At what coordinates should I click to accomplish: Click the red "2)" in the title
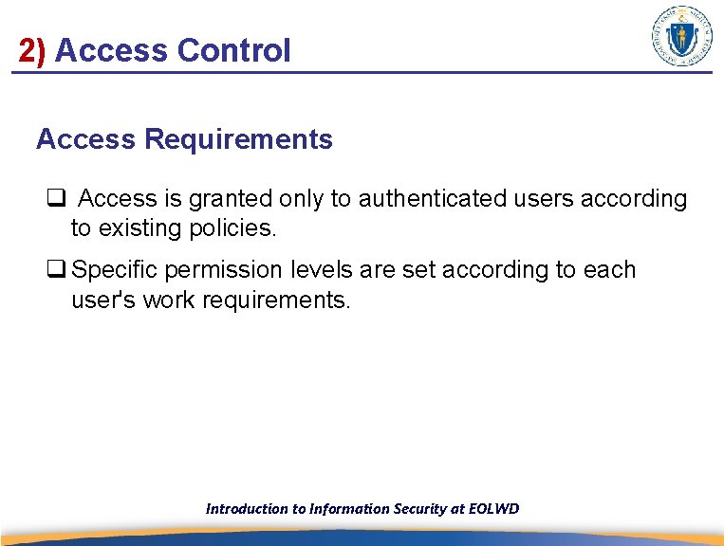coord(32,50)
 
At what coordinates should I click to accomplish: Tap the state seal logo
coord(681,36)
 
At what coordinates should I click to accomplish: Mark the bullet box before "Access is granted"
coord(55,199)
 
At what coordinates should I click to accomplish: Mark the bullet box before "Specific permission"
coord(55,270)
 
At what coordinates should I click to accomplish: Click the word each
coord(609,270)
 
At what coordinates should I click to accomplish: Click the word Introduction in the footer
coord(247,509)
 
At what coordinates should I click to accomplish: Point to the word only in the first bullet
coord(296,199)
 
